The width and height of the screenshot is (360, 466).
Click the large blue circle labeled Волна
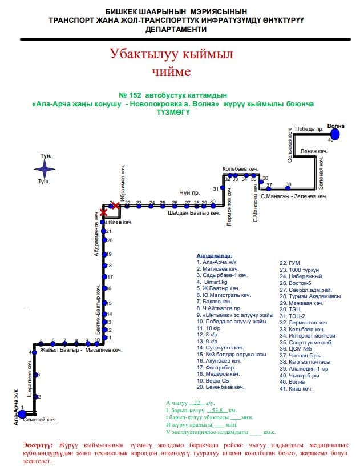[x=335, y=134]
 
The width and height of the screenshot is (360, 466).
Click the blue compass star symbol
[x=45, y=168]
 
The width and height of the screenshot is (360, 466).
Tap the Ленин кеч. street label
[x=314, y=151]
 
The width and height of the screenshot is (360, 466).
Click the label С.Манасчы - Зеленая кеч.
[x=293, y=196]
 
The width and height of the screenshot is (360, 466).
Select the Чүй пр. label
[x=189, y=193]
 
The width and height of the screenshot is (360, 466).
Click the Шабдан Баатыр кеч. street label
[x=194, y=213]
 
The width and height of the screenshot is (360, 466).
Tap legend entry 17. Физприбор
[x=214, y=367]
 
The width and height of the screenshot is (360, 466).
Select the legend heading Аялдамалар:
[x=213, y=256]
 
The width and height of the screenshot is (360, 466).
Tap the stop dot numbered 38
[x=289, y=185]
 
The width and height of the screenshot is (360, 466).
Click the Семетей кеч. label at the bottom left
[x=43, y=420]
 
